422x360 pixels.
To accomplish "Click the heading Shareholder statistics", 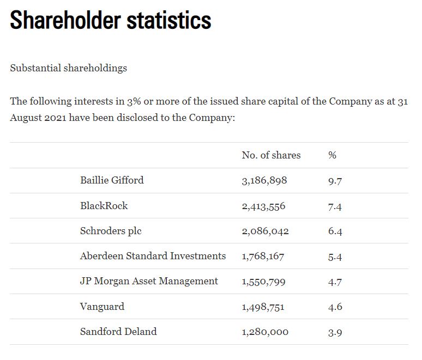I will tap(111, 21).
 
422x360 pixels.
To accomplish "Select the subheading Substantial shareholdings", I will tap(68, 68).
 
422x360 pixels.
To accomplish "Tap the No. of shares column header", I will tap(271, 155).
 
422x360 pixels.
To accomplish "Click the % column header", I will tap(332, 155).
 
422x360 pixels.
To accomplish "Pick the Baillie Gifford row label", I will tap(112, 180).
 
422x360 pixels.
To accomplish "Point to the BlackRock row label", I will tap(104, 206).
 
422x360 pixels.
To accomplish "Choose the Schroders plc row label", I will tap(111, 231).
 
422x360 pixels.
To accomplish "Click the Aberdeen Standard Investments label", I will tap(153, 256).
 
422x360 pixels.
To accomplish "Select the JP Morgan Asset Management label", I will tap(149, 281).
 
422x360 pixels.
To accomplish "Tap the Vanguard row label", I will tap(102, 307).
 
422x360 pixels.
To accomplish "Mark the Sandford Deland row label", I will tap(118, 332).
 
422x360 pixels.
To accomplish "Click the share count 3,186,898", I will tap(264, 181).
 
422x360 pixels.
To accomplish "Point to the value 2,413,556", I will tap(263, 206).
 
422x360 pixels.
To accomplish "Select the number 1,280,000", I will tap(265, 332).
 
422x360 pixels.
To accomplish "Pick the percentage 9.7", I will tap(335, 181).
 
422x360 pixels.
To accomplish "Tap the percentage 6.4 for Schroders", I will tap(335, 231).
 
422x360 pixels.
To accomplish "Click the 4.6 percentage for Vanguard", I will tap(335, 307).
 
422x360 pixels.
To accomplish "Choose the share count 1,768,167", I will tap(263, 257).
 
